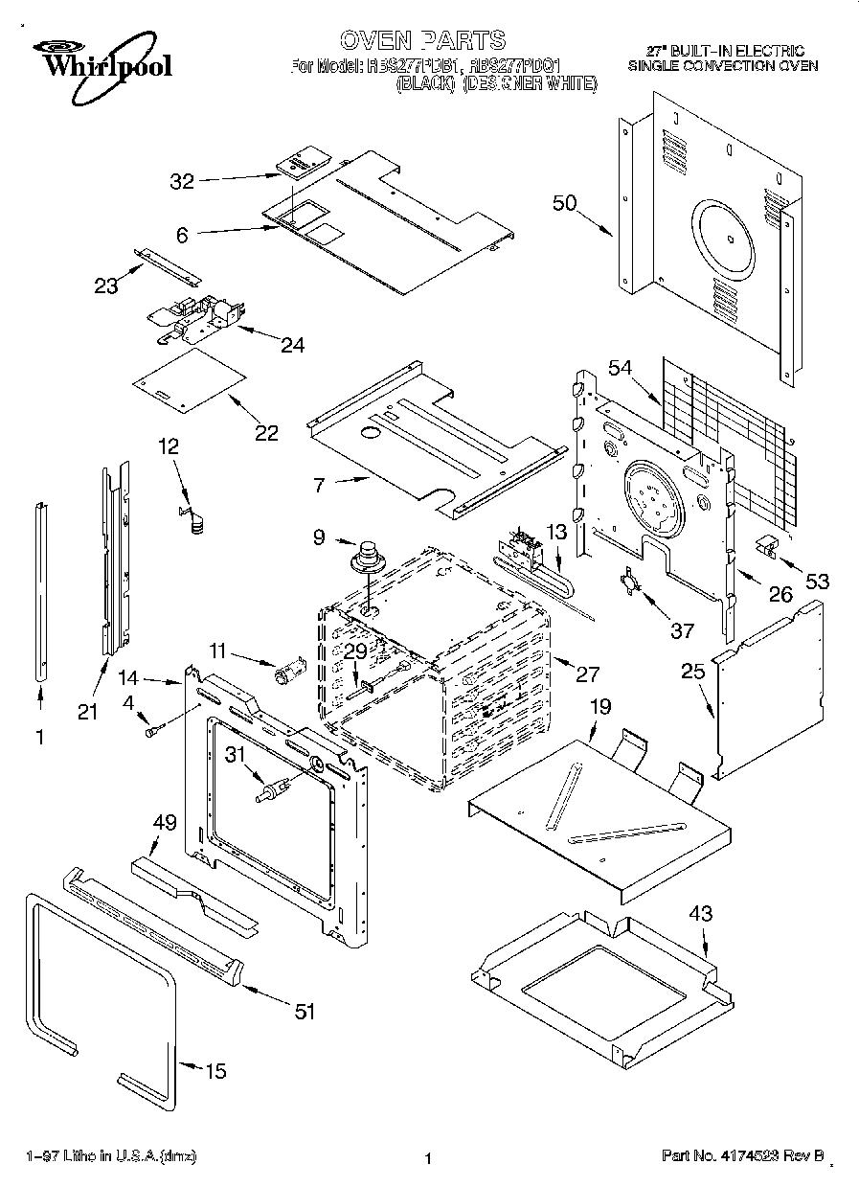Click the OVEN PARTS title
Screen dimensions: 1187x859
[x=422, y=39]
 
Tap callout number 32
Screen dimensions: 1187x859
[x=182, y=179]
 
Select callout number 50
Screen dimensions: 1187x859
[x=565, y=202]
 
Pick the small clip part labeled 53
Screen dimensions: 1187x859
[x=767, y=545]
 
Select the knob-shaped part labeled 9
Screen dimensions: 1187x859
[x=366, y=557]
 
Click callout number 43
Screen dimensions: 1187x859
[x=701, y=914]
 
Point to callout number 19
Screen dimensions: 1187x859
[x=599, y=707]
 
